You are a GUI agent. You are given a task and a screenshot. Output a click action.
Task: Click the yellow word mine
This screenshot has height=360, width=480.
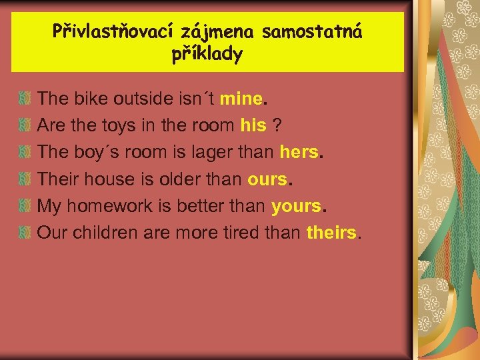tap(241, 99)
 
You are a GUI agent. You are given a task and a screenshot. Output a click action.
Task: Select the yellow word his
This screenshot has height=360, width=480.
tap(253, 125)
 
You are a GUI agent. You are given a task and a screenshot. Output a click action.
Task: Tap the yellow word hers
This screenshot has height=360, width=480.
tap(299, 152)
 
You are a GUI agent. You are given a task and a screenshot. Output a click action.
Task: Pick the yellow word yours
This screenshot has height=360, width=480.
tap(296, 206)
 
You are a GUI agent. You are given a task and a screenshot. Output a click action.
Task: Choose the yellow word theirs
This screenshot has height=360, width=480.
tap(331, 233)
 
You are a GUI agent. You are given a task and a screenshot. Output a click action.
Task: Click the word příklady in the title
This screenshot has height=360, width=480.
tap(207, 54)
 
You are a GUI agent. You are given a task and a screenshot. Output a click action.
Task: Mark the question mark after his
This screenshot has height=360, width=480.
tap(277, 125)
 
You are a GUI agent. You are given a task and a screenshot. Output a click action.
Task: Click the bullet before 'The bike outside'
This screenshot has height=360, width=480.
tap(25, 99)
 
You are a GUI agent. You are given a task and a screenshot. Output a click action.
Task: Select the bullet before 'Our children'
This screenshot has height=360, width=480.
tap(25, 233)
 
